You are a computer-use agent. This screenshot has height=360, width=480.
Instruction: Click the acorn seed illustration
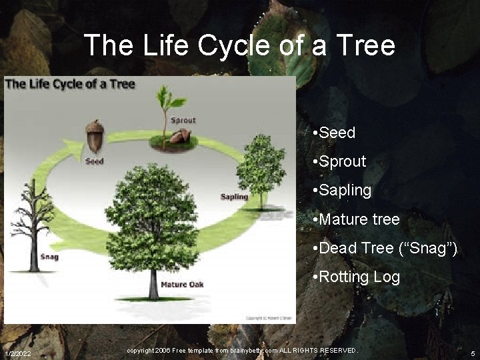(x=95, y=137)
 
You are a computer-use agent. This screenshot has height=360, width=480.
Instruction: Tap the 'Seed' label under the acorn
(x=94, y=161)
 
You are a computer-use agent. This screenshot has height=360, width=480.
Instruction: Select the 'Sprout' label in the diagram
(x=183, y=121)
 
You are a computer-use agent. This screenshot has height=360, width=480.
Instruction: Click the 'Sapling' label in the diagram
(x=234, y=197)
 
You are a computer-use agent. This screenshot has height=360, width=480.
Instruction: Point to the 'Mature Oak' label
(x=182, y=285)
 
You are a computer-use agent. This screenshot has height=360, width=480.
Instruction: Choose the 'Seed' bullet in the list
(x=337, y=133)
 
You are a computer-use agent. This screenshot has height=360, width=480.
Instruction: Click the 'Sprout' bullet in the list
(x=342, y=161)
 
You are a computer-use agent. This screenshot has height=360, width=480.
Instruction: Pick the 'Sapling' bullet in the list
(x=345, y=190)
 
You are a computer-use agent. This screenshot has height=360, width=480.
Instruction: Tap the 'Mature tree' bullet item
(x=359, y=219)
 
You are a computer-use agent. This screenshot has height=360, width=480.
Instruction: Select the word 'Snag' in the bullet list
(x=429, y=248)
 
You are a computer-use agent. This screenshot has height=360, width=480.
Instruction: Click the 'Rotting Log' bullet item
(x=359, y=277)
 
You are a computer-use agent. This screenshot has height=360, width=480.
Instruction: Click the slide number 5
(x=472, y=353)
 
